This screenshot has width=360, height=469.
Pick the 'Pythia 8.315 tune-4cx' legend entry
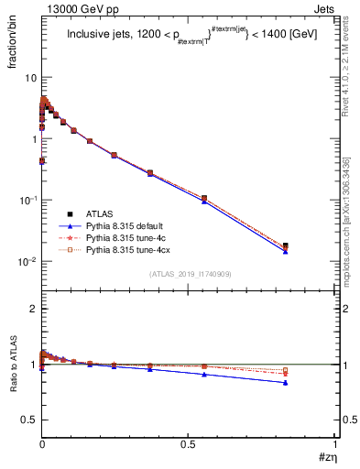click(x=132, y=249)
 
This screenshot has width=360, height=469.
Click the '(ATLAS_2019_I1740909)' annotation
click(x=190, y=274)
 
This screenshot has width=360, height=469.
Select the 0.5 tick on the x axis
click(x=189, y=443)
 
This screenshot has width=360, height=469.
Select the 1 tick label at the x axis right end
click(x=335, y=443)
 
